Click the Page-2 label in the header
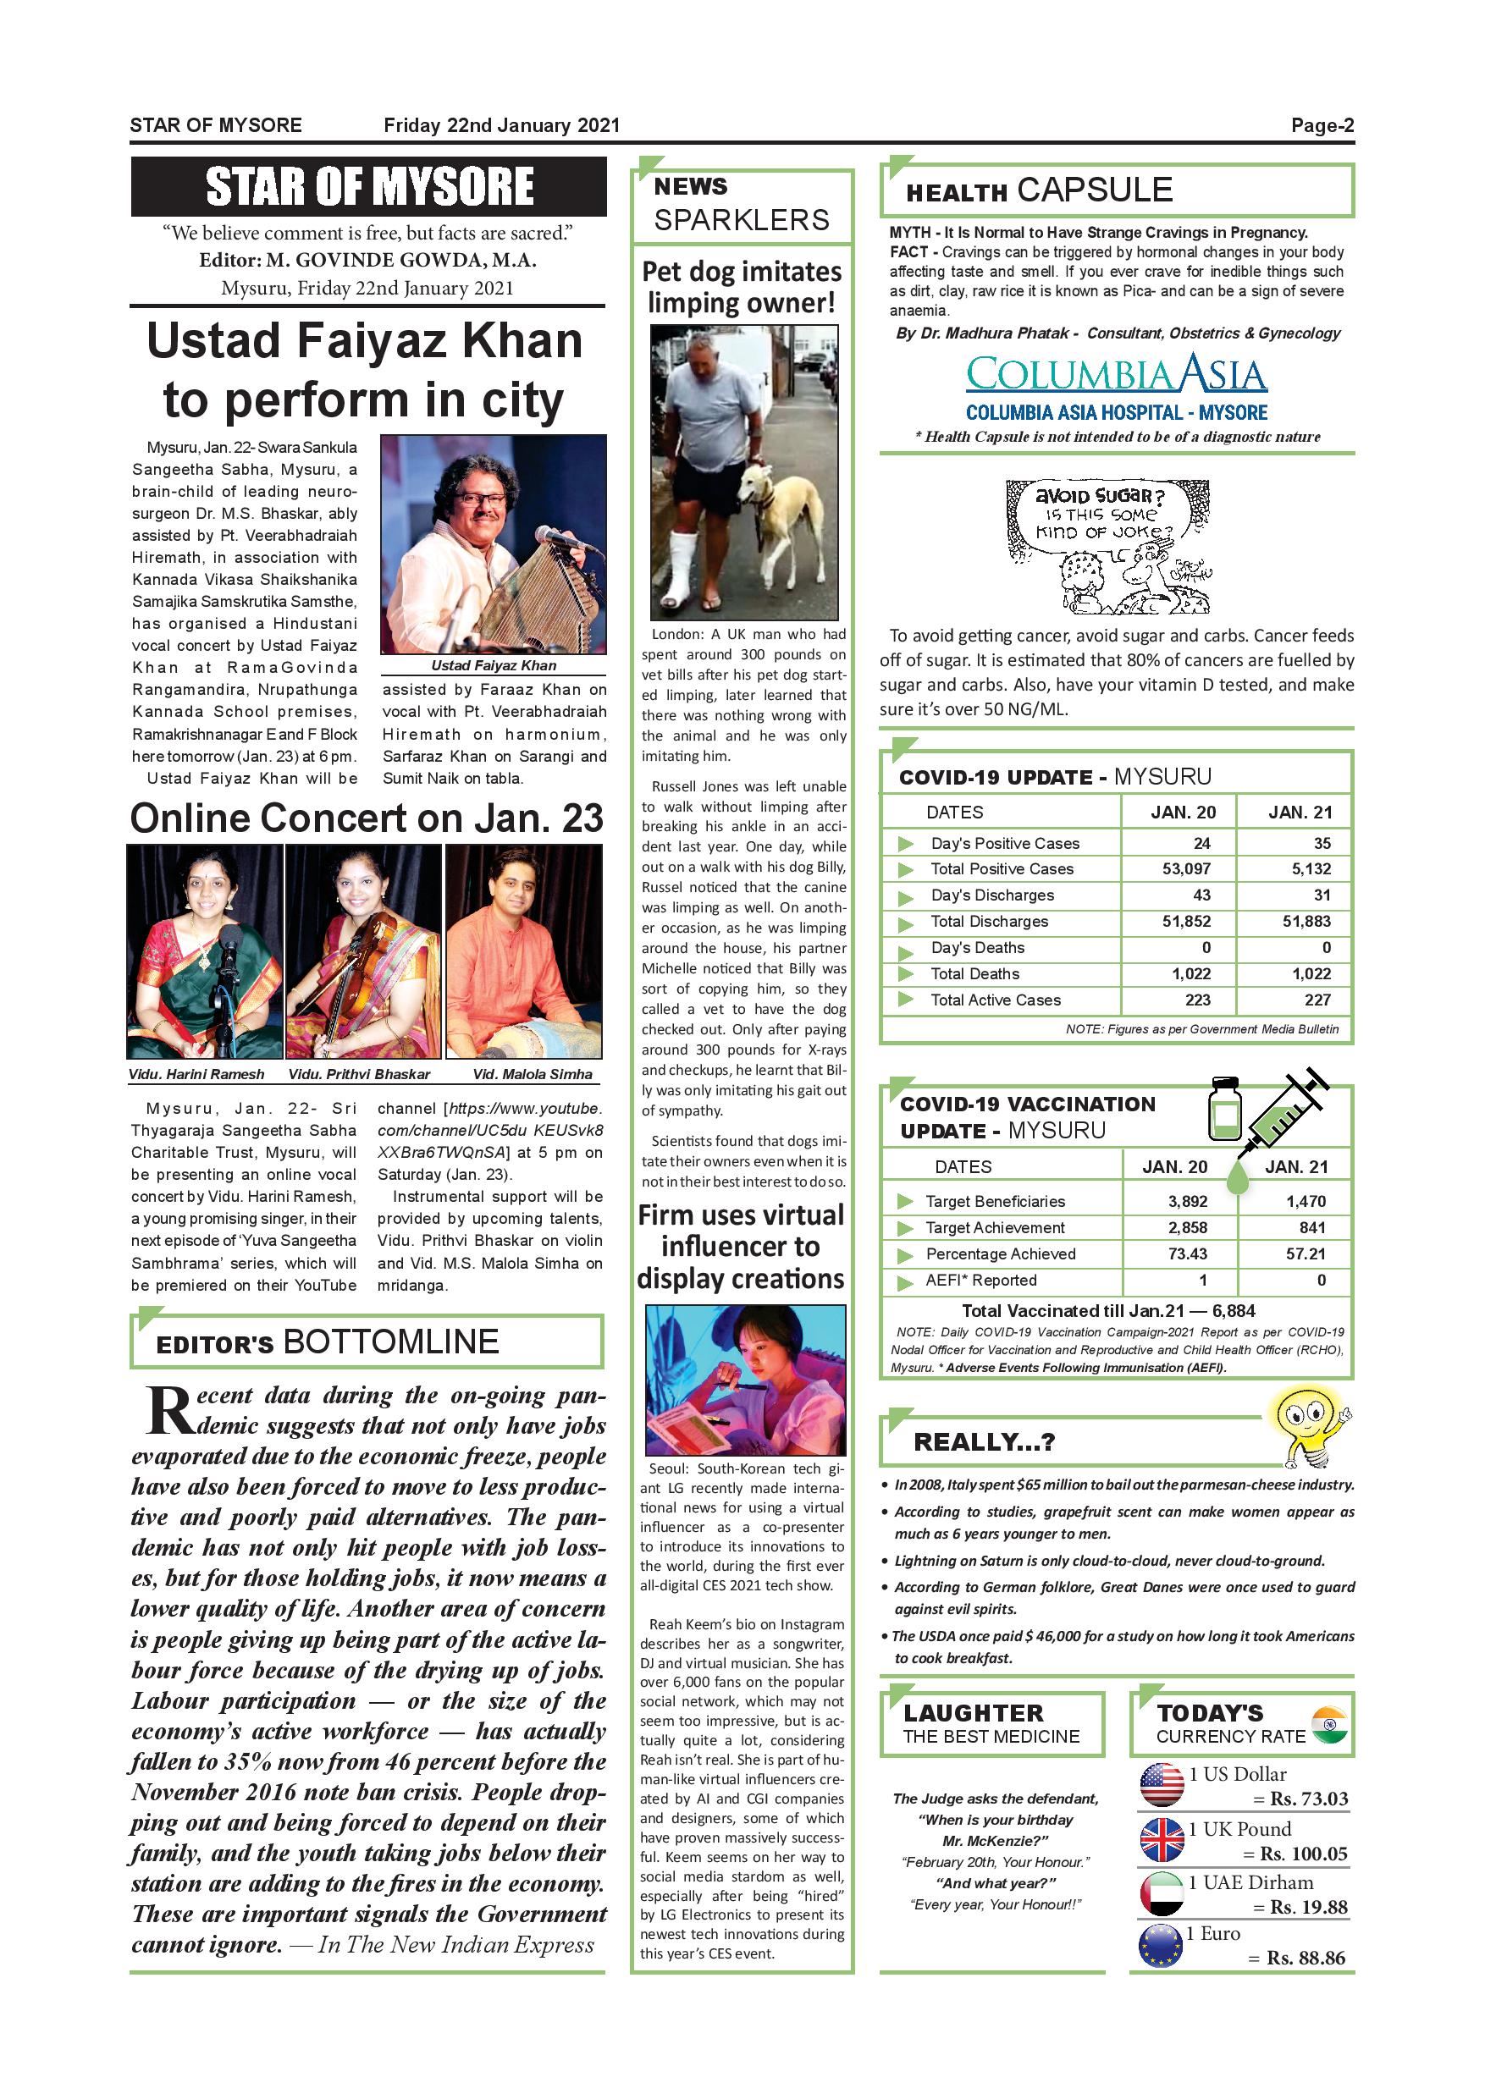click(1322, 125)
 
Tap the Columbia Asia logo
click(1116, 375)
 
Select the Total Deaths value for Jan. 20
click(1190, 973)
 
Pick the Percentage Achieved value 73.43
click(1187, 1253)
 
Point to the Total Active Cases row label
click(995, 1000)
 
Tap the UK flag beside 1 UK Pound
click(1162, 1840)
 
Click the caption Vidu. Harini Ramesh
click(196, 1074)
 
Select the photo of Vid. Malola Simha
click(523, 950)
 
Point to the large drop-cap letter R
click(169, 1411)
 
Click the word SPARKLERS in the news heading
click(741, 220)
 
